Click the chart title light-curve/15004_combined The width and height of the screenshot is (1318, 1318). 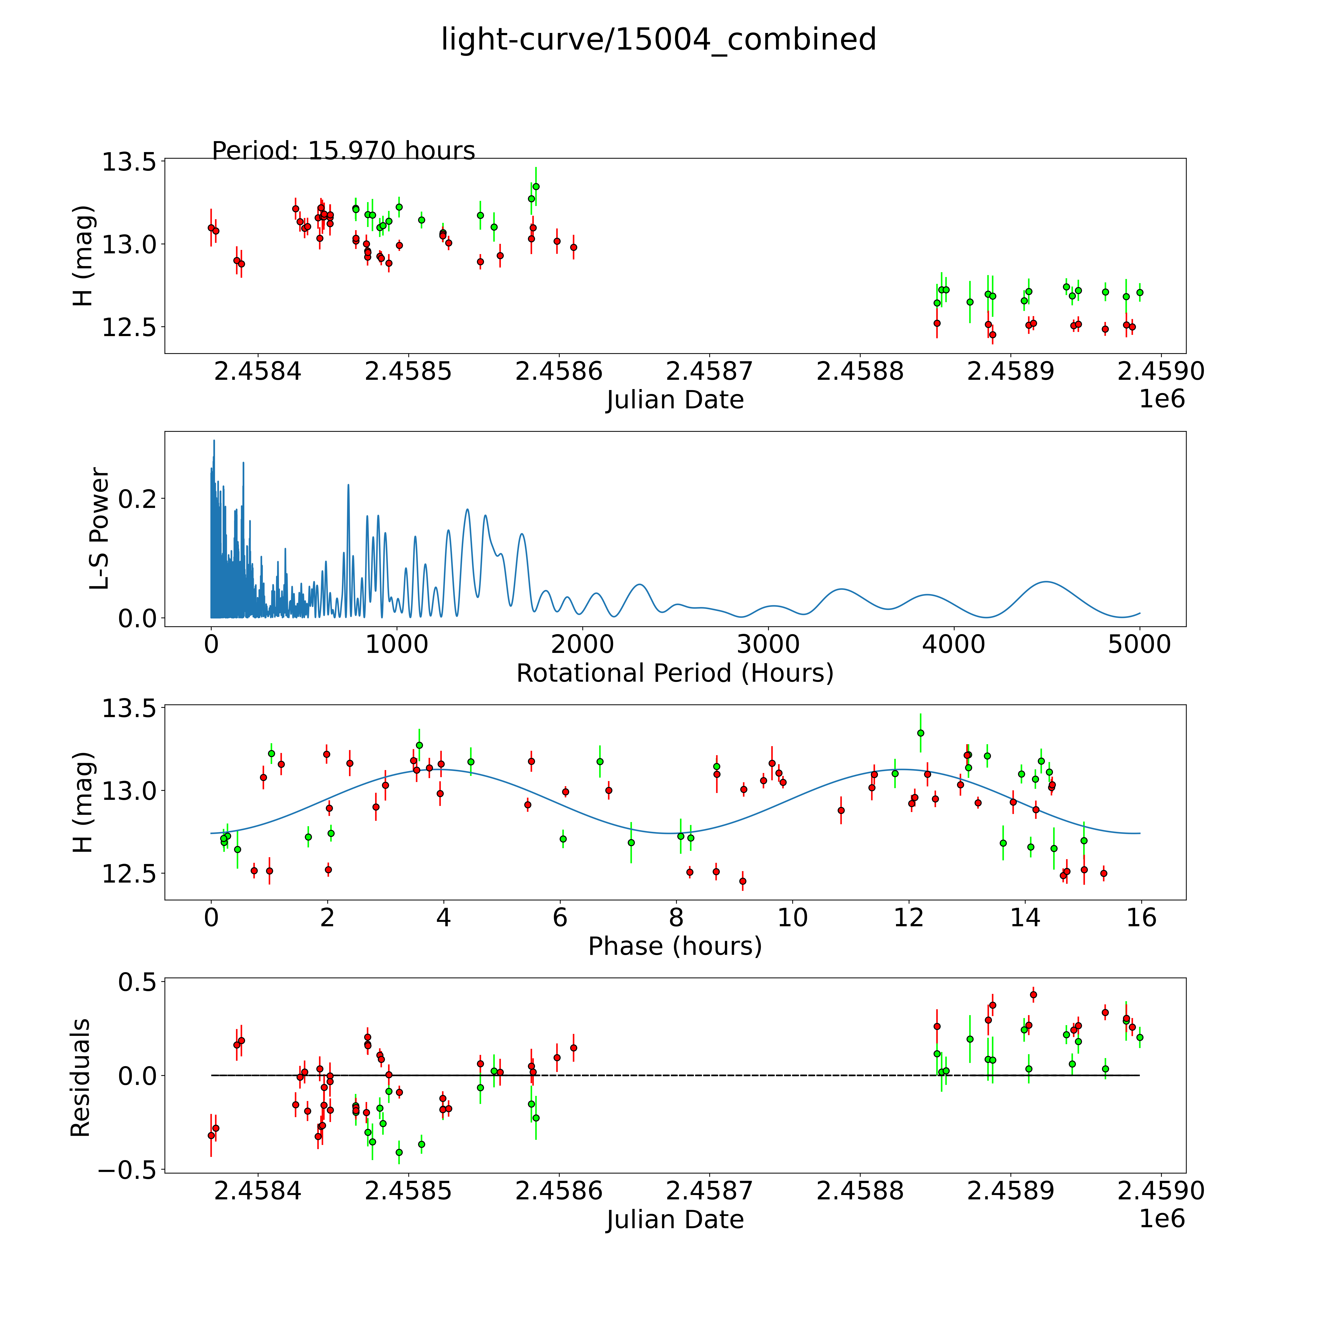coord(658,40)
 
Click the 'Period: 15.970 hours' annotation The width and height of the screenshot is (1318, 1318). coord(343,151)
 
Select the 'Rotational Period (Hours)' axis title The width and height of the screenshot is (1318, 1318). coord(675,673)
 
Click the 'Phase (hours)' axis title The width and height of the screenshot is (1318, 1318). coord(675,946)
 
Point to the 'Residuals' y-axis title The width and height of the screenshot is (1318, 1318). coord(81,1078)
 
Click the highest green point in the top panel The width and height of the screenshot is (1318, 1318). coord(536,186)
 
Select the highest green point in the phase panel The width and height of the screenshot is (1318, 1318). coord(920,733)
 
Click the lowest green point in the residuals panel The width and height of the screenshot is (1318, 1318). coord(399,1152)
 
